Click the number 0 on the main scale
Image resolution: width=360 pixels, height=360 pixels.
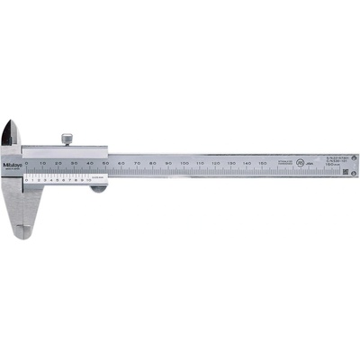tap(27, 162)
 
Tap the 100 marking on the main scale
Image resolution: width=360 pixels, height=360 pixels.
tap(184, 162)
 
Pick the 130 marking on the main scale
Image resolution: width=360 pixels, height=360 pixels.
tap(230, 162)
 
